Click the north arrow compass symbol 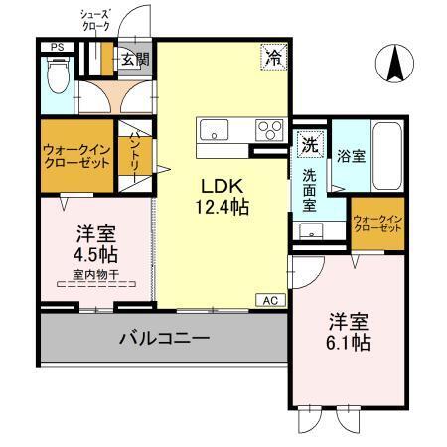pos(393,65)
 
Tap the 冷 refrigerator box pos(271,58)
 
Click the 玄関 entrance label pos(135,60)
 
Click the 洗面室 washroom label pos(309,189)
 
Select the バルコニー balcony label pos(164,339)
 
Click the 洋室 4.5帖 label pos(95,244)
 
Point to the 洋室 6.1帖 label pos(350,333)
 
